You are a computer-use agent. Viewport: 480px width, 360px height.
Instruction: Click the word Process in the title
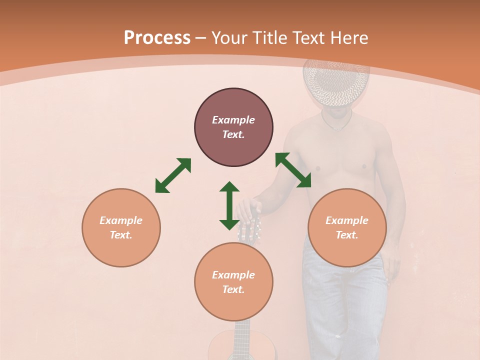click(x=157, y=37)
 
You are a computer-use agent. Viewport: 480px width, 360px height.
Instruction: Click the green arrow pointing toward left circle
click(x=173, y=175)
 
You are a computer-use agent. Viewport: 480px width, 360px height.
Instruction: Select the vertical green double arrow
click(x=229, y=205)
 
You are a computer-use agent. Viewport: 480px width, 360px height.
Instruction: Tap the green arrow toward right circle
click(x=293, y=170)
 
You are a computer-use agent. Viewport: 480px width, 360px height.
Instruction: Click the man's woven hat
click(x=336, y=82)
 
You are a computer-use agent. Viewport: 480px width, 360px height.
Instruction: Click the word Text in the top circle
click(x=233, y=134)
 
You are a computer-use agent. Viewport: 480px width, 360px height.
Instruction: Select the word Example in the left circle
click(x=121, y=220)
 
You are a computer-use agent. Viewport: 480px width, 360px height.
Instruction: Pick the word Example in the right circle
click(x=347, y=220)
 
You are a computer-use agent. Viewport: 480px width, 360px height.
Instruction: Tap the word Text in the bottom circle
click(x=233, y=289)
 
